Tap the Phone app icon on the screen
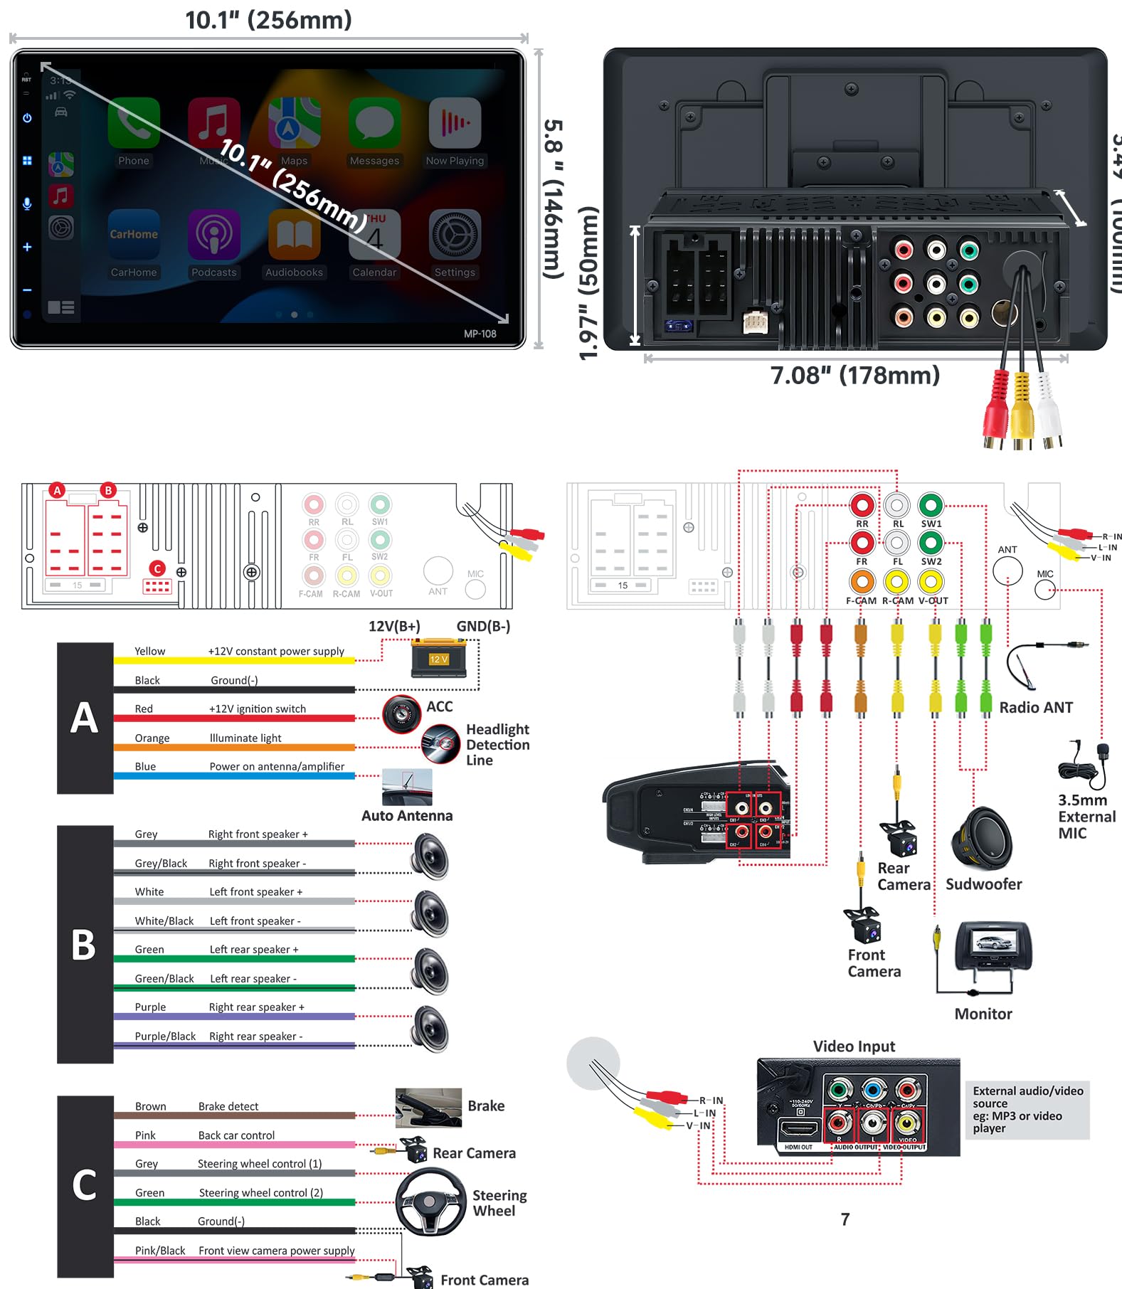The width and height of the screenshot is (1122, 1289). (134, 123)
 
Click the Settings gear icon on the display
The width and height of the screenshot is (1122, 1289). (455, 235)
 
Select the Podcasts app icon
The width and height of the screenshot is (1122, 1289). (213, 235)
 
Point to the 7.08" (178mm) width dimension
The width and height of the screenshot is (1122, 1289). (854, 375)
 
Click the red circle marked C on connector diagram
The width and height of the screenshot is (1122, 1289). (157, 568)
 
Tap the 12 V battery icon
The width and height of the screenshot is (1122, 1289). (438, 658)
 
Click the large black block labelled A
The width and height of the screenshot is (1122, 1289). (85, 718)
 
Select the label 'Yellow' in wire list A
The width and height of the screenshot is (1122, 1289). (149, 651)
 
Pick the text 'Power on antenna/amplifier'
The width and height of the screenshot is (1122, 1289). (277, 766)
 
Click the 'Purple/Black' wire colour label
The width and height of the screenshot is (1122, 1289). (165, 1036)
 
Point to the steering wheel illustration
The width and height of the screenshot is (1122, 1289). (430, 1202)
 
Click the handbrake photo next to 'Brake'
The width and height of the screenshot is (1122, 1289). (428, 1107)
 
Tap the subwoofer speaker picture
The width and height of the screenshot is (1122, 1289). (983, 839)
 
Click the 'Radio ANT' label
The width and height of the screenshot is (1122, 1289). (1035, 707)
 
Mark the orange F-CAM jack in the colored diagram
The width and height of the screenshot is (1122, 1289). (862, 582)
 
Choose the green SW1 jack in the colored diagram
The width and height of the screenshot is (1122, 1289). (931, 505)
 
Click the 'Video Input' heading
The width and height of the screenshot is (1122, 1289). (854, 1046)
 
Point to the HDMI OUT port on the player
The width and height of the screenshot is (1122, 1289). (799, 1129)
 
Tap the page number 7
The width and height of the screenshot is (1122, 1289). (845, 1219)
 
